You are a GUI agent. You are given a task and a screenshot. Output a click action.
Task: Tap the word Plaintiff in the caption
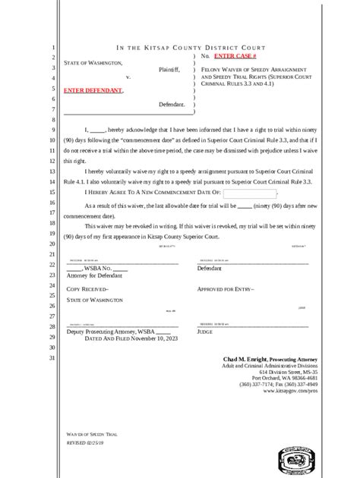[169, 68]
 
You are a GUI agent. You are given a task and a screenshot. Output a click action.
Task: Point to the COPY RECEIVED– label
[87, 290]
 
